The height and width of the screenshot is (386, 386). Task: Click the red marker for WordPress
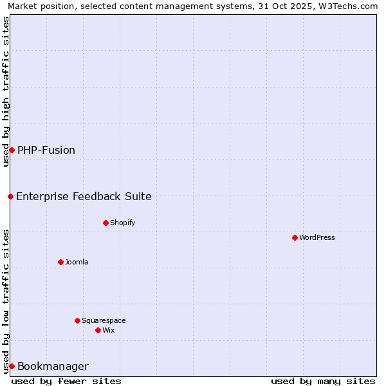click(x=295, y=237)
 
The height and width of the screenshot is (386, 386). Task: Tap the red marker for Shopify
click(x=106, y=223)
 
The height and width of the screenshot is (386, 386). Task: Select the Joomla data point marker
click(x=60, y=262)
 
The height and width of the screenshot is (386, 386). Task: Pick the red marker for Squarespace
click(x=77, y=320)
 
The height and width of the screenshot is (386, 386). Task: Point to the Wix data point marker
click(x=98, y=330)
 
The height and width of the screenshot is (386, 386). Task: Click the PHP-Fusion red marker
click(x=12, y=150)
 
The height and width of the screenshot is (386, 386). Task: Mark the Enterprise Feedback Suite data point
click(x=10, y=196)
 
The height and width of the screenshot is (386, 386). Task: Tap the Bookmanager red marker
click(x=12, y=366)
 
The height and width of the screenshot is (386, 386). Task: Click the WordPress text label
click(x=317, y=237)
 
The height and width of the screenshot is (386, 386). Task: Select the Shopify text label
click(x=122, y=223)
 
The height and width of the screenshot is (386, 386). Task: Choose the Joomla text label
click(x=77, y=262)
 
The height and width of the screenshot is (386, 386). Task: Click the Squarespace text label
click(x=104, y=320)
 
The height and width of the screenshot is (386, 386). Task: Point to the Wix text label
click(x=109, y=330)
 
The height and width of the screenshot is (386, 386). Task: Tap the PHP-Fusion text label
click(x=46, y=150)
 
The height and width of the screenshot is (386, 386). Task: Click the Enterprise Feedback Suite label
click(x=84, y=196)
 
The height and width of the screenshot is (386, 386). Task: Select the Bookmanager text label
click(x=53, y=366)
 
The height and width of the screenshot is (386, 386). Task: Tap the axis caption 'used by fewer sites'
click(x=66, y=381)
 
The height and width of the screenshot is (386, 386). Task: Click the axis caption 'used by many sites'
click(x=323, y=381)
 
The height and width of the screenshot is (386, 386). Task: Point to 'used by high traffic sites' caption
click(x=6, y=91)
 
